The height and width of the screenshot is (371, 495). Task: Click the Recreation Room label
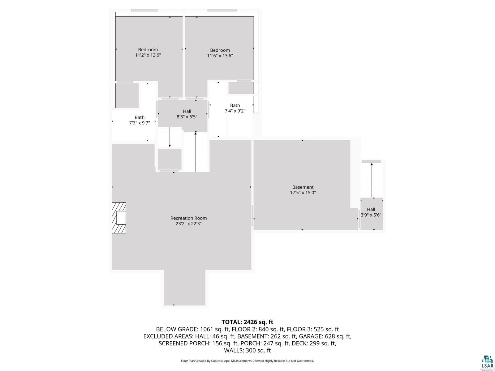(188, 218)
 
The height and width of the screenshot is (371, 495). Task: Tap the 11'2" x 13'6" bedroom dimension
(148, 55)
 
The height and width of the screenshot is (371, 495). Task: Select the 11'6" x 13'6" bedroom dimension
(220, 56)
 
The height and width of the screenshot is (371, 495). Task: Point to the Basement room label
(303, 187)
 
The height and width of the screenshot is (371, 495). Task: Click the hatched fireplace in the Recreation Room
(119, 218)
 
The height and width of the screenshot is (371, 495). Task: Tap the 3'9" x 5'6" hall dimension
(371, 215)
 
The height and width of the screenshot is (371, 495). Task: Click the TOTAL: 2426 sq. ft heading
(247, 322)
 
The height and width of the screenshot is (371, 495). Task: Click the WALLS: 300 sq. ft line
(247, 350)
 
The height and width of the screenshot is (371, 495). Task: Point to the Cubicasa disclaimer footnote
(247, 361)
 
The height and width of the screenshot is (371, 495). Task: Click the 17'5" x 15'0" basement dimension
(303, 193)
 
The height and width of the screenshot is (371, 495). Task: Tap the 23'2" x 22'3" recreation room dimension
(188, 224)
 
